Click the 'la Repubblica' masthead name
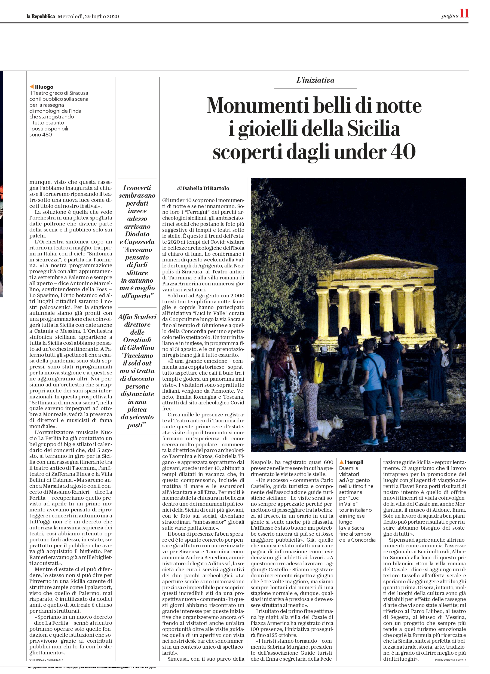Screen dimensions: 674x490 (x=41, y=16)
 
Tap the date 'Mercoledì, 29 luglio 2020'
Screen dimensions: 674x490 (x=88, y=16)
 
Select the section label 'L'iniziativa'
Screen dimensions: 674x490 (x=315, y=80)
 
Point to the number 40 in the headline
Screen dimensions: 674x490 (x=403, y=152)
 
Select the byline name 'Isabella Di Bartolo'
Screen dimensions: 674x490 (x=206, y=188)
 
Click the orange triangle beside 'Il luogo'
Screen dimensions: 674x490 (x=32, y=87)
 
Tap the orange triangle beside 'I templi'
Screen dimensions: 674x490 (x=341, y=462)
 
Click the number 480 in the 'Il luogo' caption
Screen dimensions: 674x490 (x=47, y=134)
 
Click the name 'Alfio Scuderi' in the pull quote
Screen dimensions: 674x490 (x=137, y=317)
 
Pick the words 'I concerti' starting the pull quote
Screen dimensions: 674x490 (x=137, y=188)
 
